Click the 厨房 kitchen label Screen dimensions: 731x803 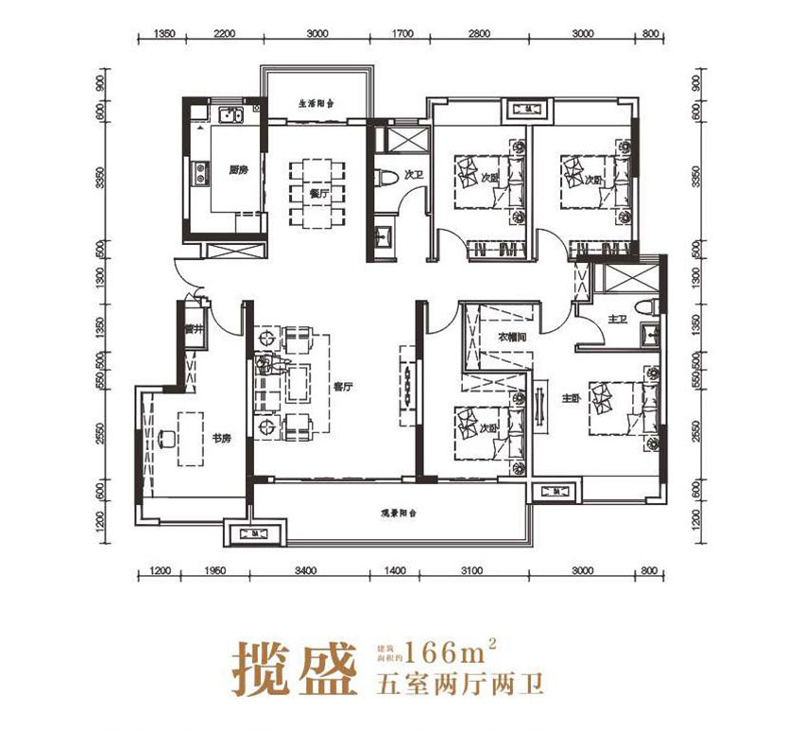click(x=238, y=171)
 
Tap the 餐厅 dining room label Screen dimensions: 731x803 click(x=319, y=193)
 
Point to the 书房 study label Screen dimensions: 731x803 click(x=220, y=438)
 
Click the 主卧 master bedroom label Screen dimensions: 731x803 click(x=569, y=399)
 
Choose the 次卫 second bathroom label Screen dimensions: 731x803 click(x=412, y=175)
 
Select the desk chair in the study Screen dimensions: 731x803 click(x=167, y=438)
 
